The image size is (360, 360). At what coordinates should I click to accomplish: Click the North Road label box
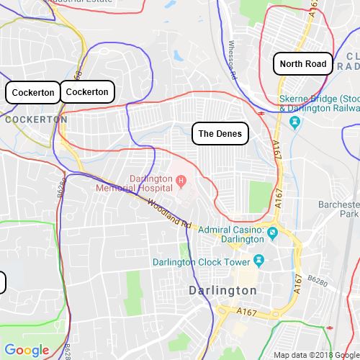click(x=303, y=64)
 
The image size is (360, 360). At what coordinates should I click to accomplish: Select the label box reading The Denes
click(x=221, y=134)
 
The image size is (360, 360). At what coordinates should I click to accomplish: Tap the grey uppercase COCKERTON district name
click(x=30, y=120)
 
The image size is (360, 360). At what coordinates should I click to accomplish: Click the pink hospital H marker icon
click(x=181, y=179)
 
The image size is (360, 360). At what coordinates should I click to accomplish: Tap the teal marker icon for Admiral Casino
click(x=274, y=230)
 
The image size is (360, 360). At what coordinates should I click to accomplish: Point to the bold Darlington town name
click(x=222, y=290)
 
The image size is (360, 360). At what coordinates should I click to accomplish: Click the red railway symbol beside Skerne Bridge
click(x=260, y=112)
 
